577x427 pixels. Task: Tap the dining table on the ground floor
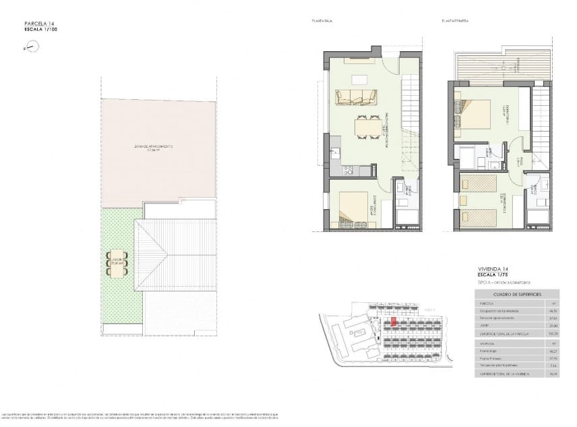(368, 127)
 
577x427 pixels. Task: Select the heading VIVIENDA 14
(489, 270)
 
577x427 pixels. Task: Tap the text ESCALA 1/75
(490, 275)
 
